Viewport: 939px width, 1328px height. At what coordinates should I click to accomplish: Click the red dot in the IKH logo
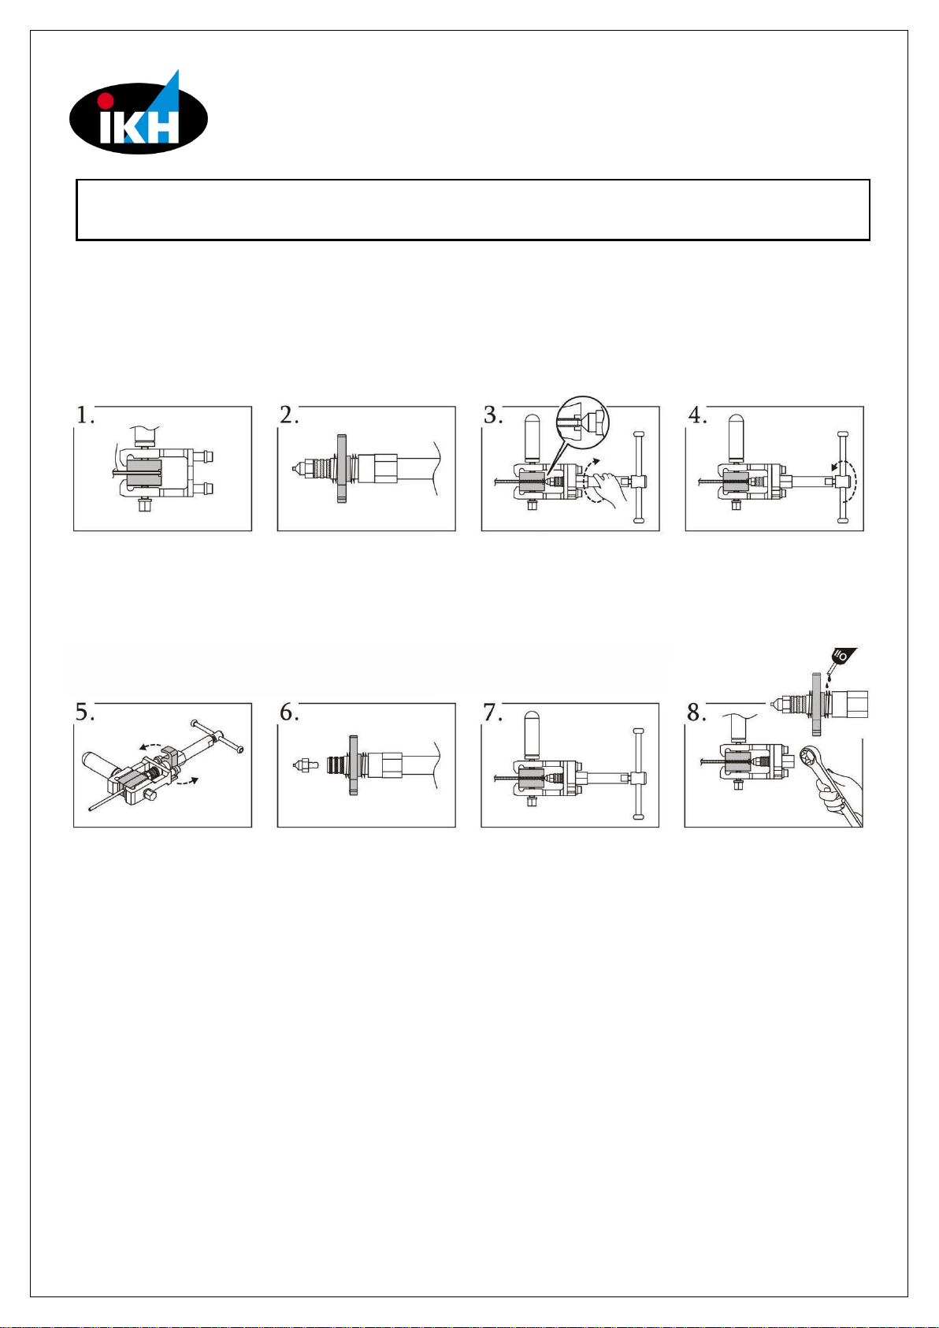pos(106,100)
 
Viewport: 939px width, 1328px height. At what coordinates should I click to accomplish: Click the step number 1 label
pos(85,415)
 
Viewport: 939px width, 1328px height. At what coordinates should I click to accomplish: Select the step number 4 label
pos(697,415)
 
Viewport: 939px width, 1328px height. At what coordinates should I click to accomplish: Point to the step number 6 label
pos(289,712)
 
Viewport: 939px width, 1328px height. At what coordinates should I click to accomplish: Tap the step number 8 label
pos(696,712)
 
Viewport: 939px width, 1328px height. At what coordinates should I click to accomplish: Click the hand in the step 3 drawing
pos(606,483)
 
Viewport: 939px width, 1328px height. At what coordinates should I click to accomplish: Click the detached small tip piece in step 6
pos(306,765)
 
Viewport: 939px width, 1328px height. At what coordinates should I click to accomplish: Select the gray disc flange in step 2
pos(341,469)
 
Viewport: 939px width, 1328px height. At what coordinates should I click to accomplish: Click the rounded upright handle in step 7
pos(532,735)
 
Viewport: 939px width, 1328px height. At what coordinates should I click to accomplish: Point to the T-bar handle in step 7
pos(638,774)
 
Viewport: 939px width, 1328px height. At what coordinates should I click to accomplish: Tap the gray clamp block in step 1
pos(144,472)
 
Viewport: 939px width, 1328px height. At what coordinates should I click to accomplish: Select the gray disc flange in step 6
pos(354,765)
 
